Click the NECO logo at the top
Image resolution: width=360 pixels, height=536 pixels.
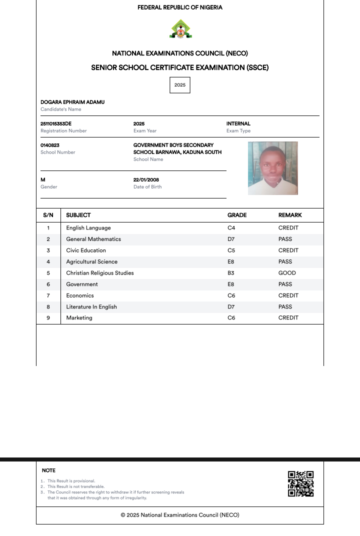click(180, 29)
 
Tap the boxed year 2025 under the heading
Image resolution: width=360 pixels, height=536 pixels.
click(180, 85)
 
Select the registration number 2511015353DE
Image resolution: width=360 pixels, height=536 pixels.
click(56, 123)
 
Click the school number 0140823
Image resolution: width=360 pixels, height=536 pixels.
click(50, 145)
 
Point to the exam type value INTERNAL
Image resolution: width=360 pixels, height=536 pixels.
click(238, 123)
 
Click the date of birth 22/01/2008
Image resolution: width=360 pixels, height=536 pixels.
click(146, 179)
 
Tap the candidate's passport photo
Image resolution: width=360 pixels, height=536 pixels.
click(272, 168)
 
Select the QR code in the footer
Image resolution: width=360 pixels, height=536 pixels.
click(301, 483)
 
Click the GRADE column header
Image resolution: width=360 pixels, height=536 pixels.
click(237, 215)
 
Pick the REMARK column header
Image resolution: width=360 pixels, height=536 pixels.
click(290, 215)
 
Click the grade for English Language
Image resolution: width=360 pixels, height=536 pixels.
click(231, 228)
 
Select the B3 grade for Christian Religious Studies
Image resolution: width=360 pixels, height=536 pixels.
click(231, 273)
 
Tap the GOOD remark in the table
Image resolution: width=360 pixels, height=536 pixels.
click(287, 273)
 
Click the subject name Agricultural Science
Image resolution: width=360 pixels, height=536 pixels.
click(92, 261)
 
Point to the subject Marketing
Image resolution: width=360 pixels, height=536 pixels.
click(79, 318)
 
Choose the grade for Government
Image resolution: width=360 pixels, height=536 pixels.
click(231, 284)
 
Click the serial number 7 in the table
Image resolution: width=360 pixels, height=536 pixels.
click(48, 295)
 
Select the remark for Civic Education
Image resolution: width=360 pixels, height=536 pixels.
click(288, 250)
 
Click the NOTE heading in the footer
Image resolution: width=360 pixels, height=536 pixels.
click(48, 470)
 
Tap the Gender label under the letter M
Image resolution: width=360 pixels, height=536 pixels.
click(49, 187)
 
